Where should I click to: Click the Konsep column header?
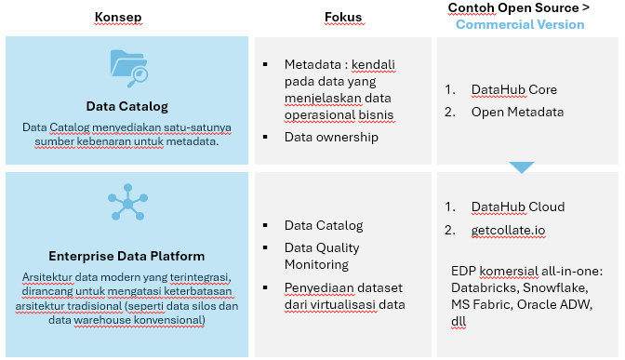[118, 17]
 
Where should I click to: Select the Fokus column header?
[343, 17]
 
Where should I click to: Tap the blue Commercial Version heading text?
[520, 25]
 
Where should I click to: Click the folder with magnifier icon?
[128, 68]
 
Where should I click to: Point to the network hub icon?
[127, 202]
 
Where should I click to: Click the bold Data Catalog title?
[127, 106]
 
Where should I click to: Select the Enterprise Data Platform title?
[126, 256]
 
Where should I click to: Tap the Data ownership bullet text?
[331, 137]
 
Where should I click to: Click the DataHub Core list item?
[513, 89]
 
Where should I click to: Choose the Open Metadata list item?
[517, 112]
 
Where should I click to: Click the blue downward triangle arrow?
[522, 167]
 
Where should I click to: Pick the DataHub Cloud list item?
[518, 207]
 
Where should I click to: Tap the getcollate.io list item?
[508, 231]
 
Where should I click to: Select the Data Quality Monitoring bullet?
[322, 256]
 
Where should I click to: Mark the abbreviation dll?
[459, 321]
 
